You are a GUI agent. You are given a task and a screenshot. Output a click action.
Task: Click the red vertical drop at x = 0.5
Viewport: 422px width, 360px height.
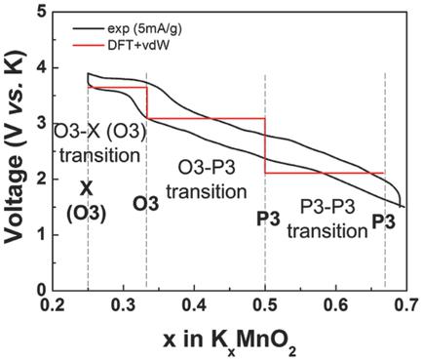coord(266,145)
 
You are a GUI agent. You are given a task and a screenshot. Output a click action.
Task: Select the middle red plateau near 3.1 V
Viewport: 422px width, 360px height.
coord(206,118)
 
